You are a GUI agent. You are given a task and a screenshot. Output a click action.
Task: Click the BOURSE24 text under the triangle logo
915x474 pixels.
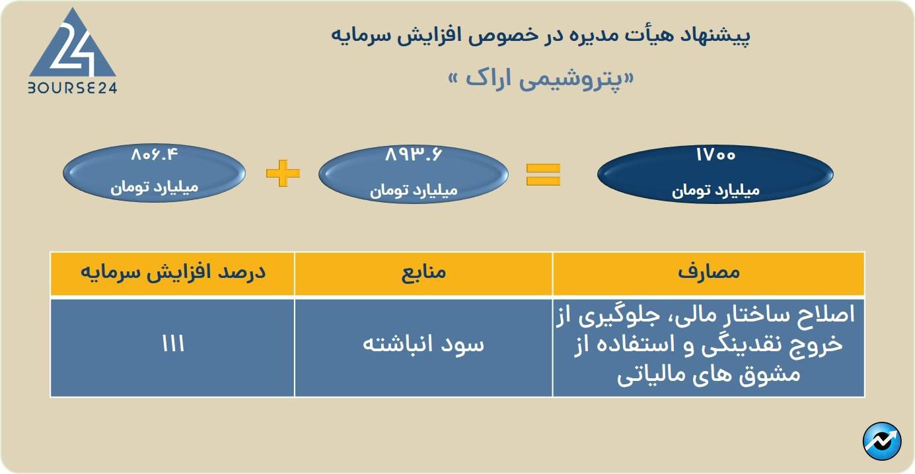[x=72, y=88]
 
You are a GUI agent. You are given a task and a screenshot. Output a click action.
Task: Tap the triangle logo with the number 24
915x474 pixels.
[x=73, y=43]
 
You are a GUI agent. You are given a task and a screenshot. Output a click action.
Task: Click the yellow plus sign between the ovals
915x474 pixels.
[x=283, y=173]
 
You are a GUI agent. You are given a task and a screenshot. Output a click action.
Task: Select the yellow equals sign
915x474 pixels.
[x=543, y=174]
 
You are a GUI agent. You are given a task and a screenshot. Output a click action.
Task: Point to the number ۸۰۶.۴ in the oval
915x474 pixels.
[x=155, y=155]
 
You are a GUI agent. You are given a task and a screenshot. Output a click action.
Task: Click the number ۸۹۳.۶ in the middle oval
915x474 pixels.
[x=414, y=155]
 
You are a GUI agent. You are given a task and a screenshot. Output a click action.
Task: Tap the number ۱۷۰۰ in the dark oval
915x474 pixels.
[x=715, y=155]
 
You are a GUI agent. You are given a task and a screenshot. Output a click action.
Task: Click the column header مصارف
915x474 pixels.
[x=709, y=273]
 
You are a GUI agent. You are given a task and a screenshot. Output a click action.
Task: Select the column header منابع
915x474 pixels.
[x=423, y=273]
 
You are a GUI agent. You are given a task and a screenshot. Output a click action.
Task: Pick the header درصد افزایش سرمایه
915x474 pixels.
[x=173, y=272]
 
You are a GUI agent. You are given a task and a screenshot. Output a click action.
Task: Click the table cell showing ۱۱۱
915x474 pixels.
[x=173, y=344]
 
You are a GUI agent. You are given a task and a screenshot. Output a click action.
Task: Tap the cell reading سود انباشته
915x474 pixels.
[x=423, y=344]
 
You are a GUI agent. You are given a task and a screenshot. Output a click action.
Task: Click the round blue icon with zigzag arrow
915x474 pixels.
[x=882, y=442]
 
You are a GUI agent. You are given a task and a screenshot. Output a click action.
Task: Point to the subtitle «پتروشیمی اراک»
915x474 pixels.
[x=541, y=79]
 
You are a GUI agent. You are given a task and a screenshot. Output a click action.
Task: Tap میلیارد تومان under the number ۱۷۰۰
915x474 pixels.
[x=715, y=190]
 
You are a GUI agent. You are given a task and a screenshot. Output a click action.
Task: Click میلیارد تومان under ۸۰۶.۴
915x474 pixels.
[x=155, y=187]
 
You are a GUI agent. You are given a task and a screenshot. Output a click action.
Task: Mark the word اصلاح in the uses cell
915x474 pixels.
[x=826, y=315]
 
